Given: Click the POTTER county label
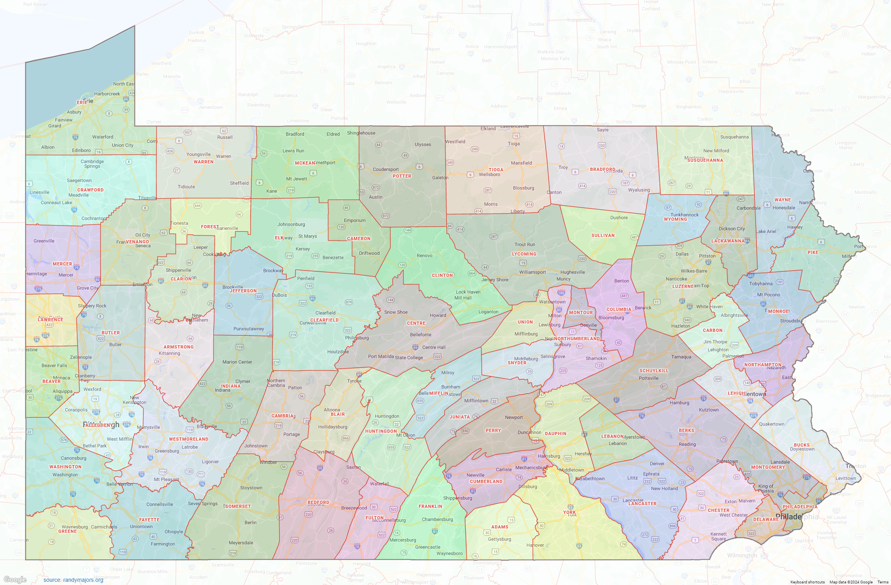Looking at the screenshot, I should click(x=402, y=176).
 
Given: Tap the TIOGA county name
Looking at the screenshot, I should click(x=496, y=170).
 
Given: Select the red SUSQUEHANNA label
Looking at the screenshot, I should click(x=705, y=160).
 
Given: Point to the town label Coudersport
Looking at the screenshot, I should click(x=386, y=169).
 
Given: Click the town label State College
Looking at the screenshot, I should click(x=409, y=358).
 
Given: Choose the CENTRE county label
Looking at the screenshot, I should click(x=416, y=323).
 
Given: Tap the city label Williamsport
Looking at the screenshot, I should click(x=532, y=272).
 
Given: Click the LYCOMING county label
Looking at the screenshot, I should click(x=524, y=254).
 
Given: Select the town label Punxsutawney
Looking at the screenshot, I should click(x=249, y=329).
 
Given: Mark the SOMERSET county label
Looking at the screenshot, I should click(x=238, y=506).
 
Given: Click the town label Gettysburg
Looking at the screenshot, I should click(x=499, y=539).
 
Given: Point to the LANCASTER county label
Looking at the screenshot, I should click(x=642, y=504).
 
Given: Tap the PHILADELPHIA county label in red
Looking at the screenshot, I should click(x=800, y=507).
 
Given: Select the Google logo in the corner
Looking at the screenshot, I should click(x=15, y=579).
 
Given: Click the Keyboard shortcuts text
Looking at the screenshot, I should click(x=807, y=582).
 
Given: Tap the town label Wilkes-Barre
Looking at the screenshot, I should click(x=693, y=271).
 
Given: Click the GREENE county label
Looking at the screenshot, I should click(x=68, y=531).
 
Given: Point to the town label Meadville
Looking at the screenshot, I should click(x=78, y=195).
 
